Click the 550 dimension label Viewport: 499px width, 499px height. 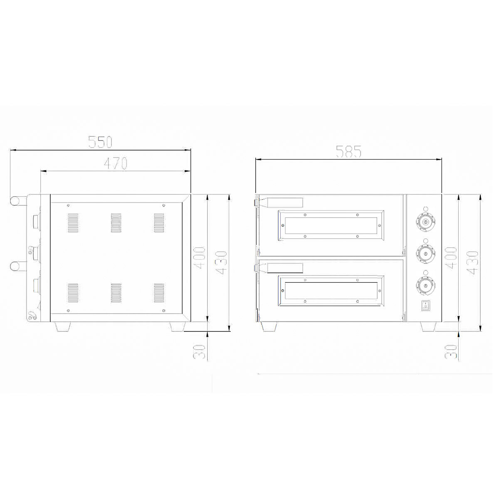(x=100, y=142)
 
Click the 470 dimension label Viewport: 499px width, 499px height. (x=115, y=164)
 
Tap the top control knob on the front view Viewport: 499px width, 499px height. (x=425, y=223)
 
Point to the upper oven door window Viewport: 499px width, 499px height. (x=331, y=225)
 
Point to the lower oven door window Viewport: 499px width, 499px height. (x=331, y=290)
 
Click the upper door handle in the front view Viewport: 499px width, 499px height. (x=285, y=203)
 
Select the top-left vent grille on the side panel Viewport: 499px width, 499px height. (x=73, y=223)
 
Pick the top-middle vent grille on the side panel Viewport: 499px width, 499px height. (x=116, y=223)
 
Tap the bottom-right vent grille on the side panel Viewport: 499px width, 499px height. (x=159, y=293)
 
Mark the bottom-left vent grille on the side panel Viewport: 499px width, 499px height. (x=73, y=293)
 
